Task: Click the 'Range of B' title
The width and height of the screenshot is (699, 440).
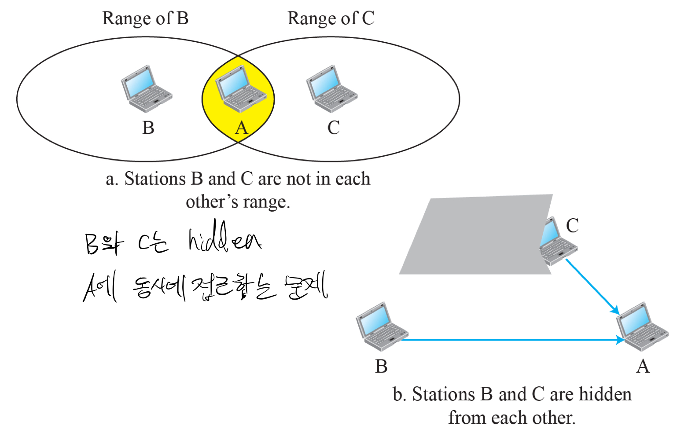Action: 145,18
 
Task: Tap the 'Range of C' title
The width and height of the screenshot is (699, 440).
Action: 331,18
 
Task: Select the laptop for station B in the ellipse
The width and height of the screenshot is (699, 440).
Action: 146,89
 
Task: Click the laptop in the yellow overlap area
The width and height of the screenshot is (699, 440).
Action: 240,89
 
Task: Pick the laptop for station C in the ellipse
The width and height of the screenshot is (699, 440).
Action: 331,89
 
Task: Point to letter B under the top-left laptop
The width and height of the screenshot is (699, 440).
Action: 148,128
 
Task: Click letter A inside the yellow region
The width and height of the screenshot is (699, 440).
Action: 241,128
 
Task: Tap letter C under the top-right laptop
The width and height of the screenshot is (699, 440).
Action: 334,128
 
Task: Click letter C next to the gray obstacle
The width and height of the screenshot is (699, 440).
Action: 572,226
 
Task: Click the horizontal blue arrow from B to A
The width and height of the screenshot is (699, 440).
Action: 511,340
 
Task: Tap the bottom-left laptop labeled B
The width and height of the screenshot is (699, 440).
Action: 381,326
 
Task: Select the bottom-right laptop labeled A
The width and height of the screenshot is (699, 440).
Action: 642,326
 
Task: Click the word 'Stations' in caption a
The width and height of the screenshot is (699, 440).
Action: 155,179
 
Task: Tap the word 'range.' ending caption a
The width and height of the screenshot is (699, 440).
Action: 266,202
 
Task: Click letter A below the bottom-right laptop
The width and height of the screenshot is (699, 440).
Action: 643,366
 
